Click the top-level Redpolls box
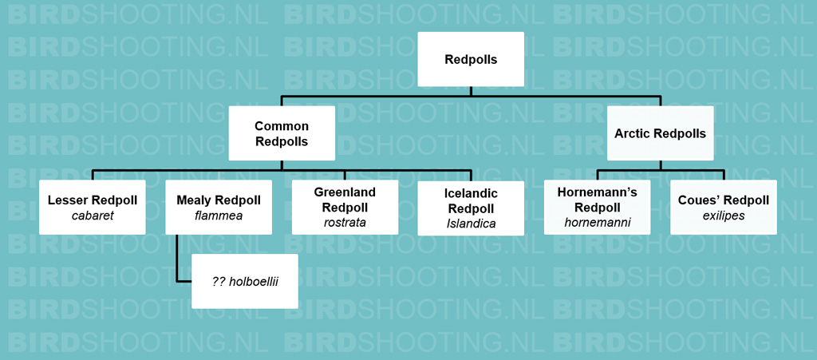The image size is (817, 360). (x=471, y=59)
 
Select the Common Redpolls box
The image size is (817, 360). (x=282, y=133)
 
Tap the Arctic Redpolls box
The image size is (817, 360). (x=660, y=133)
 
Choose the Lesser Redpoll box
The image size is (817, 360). (x=93, y=208)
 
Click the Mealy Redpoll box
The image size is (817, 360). (x=219, y=208)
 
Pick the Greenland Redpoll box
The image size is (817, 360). (x=345, y=208)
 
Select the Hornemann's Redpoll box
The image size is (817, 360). (x=597, y=208)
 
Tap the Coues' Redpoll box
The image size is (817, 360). (x=723, y=208)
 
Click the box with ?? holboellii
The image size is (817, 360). (x=245, y=281)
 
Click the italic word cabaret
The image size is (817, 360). (x=93, y=216)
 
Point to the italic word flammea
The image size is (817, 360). (x=219, y=216)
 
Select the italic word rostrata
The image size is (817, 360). (x=345, y=223)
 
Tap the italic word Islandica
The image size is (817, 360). (x=471, y=224)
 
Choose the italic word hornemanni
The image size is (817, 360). (x=597, y=223)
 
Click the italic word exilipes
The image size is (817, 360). (x=723, y=216)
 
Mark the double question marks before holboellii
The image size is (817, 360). (x=219, y=281)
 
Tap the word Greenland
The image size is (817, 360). (x=345, y=192)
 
